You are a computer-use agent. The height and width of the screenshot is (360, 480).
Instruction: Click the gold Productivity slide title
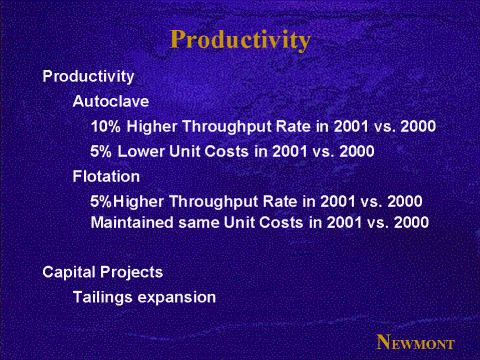pyautogui.click(x=240, y=40)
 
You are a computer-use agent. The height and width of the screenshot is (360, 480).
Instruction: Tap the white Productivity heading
pyautogui.click(x=88, y=77)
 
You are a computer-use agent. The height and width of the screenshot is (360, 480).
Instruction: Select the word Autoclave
pyautogui.click(x=111, y=101)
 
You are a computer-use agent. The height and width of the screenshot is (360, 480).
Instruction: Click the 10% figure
pyautogui.click(x=105, y=126)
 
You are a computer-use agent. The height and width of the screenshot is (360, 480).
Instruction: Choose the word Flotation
pyautogui.click(x=106, y=176)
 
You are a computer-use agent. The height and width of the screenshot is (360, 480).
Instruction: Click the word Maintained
pyautogui.click(x=132, y=222)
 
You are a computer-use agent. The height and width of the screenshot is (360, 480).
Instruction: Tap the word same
pyautogui.click(x=199, y=223)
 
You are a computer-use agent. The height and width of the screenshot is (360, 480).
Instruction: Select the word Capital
pyautogui.click(x=69, y=272)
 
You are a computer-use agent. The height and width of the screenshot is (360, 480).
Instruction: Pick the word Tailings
pyautogui.click(x=102, y=298)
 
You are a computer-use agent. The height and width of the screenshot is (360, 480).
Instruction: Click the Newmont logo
pyautogui.click(x=416, y=342)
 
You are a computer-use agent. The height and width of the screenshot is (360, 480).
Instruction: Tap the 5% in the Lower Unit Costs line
pyautogui.click(x=101, y=151)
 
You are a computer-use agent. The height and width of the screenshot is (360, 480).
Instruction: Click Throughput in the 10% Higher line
pyautogui.click(x=227, y=127)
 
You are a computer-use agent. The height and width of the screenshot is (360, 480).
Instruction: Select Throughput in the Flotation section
pyautogui.click(x=213, y=202)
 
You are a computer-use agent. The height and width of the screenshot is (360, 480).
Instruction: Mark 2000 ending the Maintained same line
pyautogui.click(x=411, y=222)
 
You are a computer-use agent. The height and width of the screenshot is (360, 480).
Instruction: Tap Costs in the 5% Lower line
pyautogui.click(x=227, y=151)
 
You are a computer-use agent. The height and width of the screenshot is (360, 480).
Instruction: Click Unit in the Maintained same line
pyautogui.click(x=239, y=222)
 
